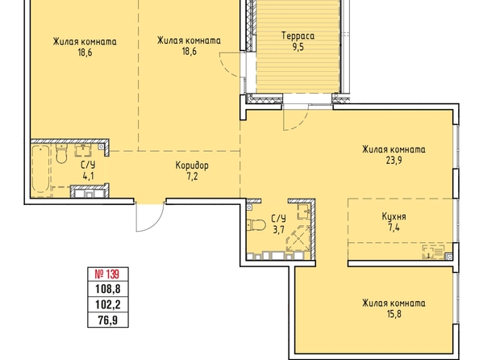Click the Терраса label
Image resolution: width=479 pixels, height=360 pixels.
[298, 36]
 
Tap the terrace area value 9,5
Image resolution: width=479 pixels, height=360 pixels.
[298, 48]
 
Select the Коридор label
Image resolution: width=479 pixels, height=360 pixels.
[192, 165]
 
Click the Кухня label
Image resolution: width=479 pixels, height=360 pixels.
[394, 217]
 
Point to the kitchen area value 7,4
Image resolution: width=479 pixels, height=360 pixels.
[394, 228]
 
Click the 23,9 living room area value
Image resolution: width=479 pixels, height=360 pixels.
[394, 161]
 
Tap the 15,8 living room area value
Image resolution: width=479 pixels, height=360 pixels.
[394, 314]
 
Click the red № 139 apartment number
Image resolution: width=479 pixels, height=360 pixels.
[108, 274]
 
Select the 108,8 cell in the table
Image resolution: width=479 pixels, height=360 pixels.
[108, 289]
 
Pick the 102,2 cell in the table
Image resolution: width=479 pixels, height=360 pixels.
[108, 304]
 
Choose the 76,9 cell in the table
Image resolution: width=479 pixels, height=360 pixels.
[108, 320]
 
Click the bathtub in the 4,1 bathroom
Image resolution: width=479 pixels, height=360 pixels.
[40, 170]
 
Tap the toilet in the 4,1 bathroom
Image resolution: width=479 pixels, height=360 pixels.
[62, 153]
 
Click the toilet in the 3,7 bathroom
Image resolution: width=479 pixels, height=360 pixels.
[256, 225]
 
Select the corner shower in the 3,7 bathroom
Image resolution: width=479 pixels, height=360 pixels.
[298, 239]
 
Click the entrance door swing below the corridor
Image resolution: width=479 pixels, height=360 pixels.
[150, 216]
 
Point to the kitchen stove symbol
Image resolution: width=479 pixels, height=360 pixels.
[434, 252]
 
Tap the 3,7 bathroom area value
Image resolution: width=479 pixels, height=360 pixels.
[278, 230]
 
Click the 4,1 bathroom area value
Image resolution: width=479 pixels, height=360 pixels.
[88, 177]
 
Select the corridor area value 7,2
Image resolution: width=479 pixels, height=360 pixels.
[192, 177]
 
